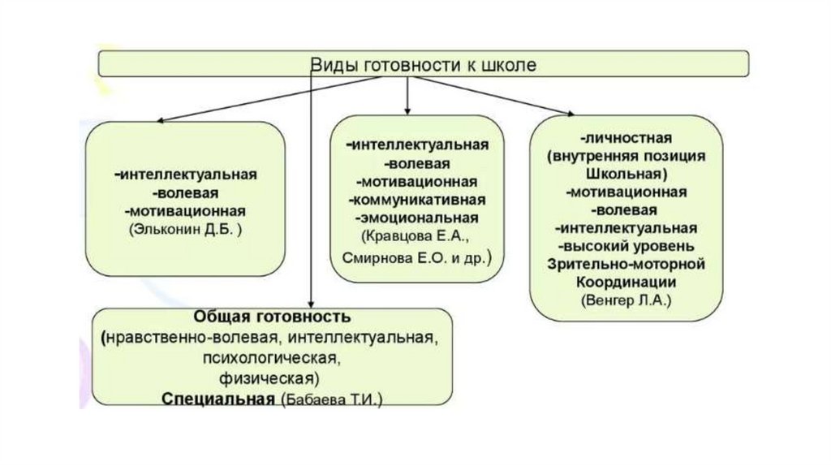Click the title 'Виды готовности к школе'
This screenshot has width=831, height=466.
point(424,65)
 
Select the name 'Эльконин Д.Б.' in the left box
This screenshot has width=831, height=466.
point(186,229)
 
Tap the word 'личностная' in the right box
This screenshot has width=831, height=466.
point(626,139)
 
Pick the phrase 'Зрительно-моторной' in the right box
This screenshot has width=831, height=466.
point(626,264)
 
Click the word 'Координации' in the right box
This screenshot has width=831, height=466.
point(626,281)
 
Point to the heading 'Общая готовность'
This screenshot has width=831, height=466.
point(271,317)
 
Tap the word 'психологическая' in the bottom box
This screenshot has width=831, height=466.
point(271,357)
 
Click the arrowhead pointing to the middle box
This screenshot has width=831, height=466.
point(407,110)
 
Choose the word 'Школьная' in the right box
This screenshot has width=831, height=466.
point(626,175)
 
